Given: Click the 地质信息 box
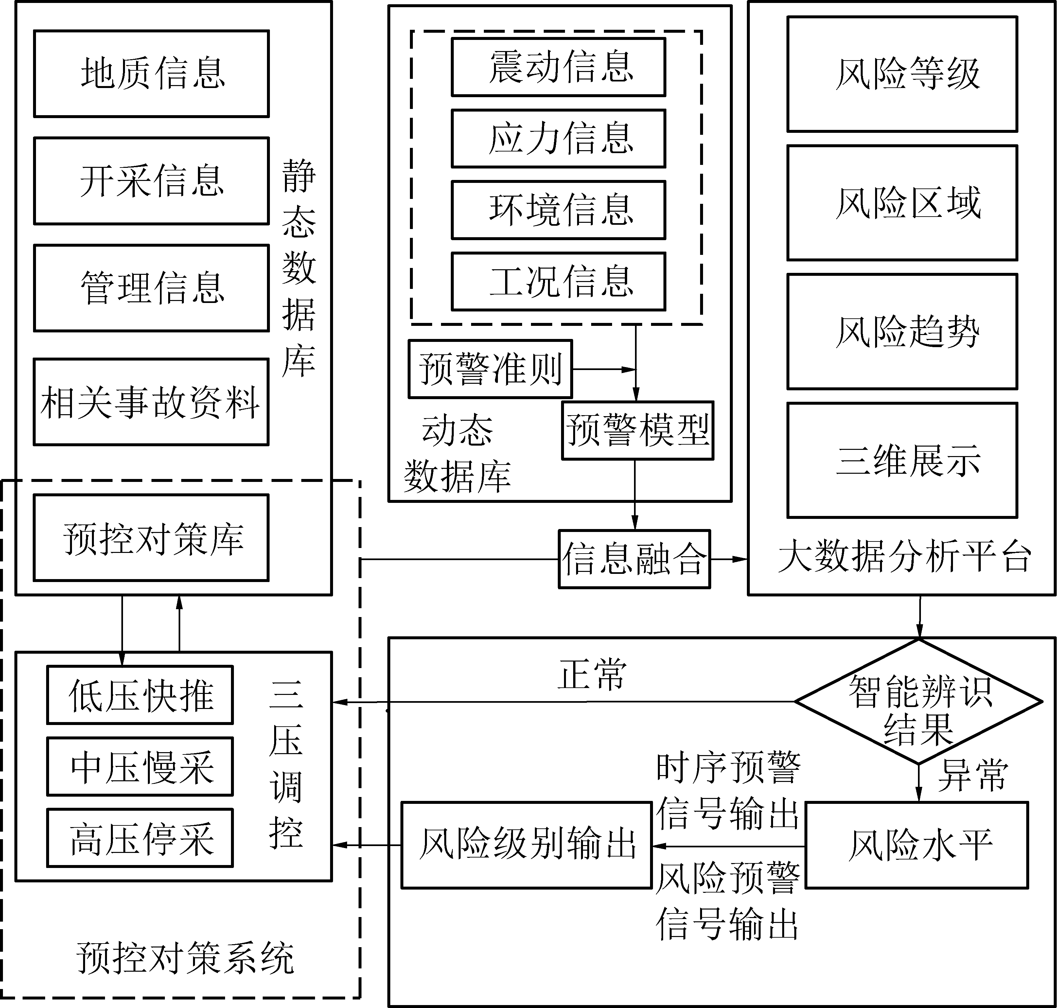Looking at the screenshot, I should pos(151,74).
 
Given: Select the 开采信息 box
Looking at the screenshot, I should pos(151,181).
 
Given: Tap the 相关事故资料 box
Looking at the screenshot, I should pos(151,402).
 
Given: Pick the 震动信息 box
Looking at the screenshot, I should pos(558,67).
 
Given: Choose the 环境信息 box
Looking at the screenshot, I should pos(558,210).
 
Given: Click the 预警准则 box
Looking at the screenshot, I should pos(490,369).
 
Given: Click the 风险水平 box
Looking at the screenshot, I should pos(917,845).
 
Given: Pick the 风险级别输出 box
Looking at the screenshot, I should pos(527,845).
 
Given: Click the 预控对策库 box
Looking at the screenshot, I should pos(151,538).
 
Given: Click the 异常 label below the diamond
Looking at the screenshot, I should pos(973,776).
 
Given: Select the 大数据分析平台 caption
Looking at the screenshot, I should pos(905,557).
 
